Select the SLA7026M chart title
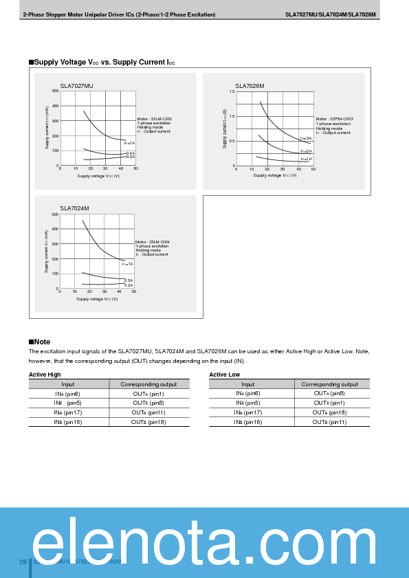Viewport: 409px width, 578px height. (x=250, y=86)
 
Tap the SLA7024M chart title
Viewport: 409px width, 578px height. (x=74, y=208)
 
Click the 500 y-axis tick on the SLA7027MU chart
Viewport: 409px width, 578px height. (x=55, y=91)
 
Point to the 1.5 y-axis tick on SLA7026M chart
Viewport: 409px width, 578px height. (x=232, y=91)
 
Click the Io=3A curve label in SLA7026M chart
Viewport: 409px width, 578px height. (x=306, y=138)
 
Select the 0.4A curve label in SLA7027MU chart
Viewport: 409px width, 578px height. (x=130, y=153)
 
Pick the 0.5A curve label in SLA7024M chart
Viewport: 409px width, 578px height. (x=129, y=280)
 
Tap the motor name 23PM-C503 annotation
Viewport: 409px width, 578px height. (x=335, y=119)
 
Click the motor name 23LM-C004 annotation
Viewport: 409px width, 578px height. (x=153, y=242)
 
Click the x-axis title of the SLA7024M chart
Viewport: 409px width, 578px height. (x=97, y=298)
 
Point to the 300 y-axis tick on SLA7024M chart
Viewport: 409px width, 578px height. (x=54, y=244)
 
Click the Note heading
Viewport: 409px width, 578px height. (x=40, y=342)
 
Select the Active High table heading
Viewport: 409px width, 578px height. (x=45, y=375)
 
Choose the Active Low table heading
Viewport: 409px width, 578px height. (x=224, y=375)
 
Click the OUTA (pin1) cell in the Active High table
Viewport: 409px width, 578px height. (x=148, y=393)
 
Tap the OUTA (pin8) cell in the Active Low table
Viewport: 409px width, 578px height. (x=329, y=393)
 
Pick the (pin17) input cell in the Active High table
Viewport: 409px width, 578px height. (x=68, y=412)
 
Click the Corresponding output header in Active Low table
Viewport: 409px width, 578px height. (x=329, y=384)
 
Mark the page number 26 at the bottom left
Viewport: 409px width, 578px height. (x=23, y=562)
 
